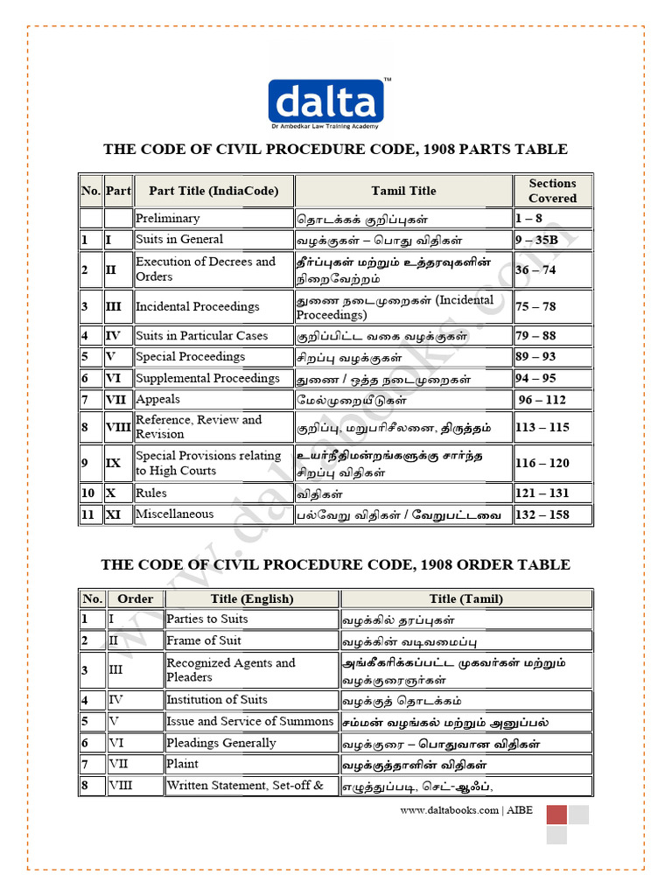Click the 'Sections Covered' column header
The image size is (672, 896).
pos(552,191)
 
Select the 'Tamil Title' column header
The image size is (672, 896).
pos(403,191)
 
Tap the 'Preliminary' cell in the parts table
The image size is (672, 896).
pos(168,219)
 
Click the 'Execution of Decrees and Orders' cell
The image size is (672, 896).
pos(206,269)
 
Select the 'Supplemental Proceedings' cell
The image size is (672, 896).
pos(208,378)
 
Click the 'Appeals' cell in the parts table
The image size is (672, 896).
pos(158,399)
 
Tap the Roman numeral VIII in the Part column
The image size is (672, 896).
pos(117,427)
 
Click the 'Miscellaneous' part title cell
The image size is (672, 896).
pos(175,514)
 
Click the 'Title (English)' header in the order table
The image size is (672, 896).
pos(252,599)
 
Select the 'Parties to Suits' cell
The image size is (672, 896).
pos(207,619)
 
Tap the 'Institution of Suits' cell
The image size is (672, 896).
pos(217,700)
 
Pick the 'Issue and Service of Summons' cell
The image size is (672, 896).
pos(250,722)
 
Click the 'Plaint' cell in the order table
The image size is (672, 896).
pos(183,764)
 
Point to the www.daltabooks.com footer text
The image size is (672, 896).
pos(450,810)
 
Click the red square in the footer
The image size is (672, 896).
pos(556,815)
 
